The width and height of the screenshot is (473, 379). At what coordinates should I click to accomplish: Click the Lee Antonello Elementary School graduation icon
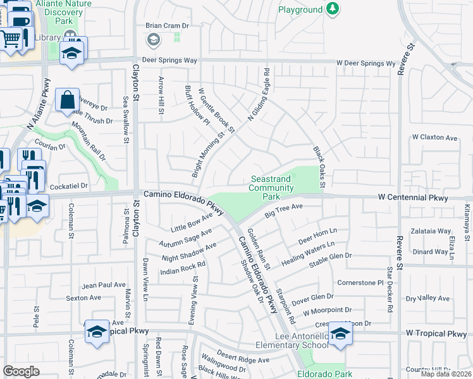tap(340, 334)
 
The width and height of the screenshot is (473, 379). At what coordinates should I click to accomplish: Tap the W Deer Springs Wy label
tap(365, 64)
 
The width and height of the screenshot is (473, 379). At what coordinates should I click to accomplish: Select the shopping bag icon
tap(67, 100)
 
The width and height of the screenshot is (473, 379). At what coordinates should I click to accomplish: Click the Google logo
tap(21, 371)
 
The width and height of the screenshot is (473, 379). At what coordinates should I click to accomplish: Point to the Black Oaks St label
tap(318, 167)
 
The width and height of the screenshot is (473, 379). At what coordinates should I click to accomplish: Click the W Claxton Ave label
tap(434, 137)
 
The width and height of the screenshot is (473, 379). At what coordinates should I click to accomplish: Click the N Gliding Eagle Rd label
tap(258, 95)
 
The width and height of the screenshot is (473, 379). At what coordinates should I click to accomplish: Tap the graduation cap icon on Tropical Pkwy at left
tap(97, 331)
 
